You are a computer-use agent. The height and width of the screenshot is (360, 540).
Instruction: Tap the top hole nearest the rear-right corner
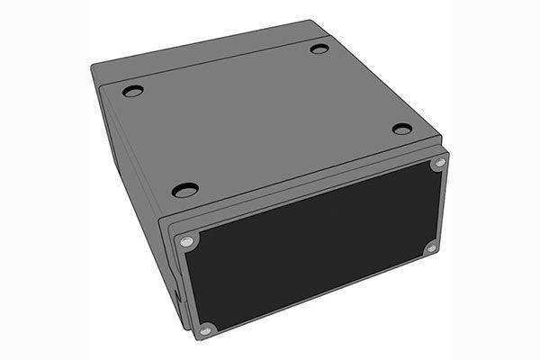pyautogui.click(x=319, y=48)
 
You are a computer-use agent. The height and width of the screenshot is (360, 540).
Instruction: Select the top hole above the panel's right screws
pyautogui.click(x=401, y=130)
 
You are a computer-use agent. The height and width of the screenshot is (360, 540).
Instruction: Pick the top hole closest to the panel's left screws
pyautogui.click(x=184, y=190)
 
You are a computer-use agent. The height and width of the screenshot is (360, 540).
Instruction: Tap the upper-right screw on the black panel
pyautogui.click(x=439, y=164)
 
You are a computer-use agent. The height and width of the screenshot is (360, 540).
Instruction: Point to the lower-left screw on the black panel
pyautogui.click(x=205, y=328)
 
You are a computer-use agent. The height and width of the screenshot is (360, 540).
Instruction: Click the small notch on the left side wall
pyautogui.click(x=177, y=292)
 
